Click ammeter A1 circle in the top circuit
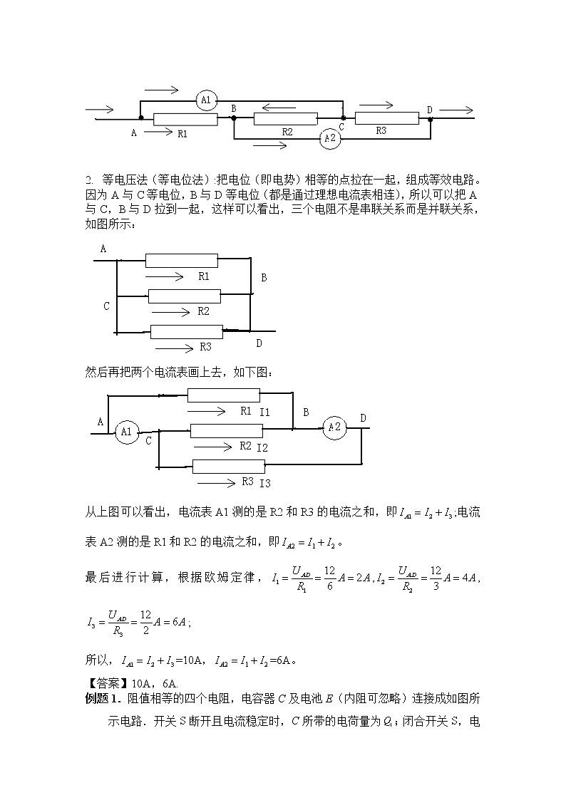point(205,102)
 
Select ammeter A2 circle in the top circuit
point(329,138)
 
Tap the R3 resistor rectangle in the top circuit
point(386,119)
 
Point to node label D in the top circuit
point(429,109)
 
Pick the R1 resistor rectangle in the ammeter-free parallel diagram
point(181,261)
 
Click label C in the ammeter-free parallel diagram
point(106,306)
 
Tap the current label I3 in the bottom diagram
point(265,484)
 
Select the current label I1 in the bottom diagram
point(264,412)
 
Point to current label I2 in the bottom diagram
point(262,447)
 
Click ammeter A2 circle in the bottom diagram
point(334,427)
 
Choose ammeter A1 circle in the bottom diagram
point(126,432)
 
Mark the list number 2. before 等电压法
point(89,179)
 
